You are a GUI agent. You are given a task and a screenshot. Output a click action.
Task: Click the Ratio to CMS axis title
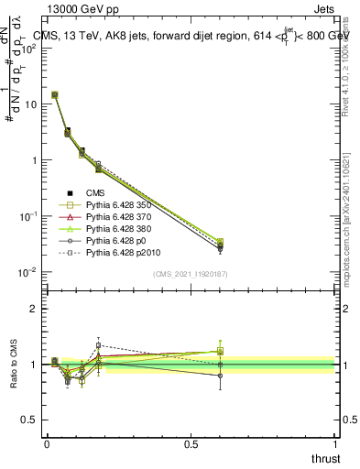click(15, 365)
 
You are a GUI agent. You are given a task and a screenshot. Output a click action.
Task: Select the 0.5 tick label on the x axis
click(191, 444)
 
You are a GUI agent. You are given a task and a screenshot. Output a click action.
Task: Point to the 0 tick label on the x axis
click(47, 444)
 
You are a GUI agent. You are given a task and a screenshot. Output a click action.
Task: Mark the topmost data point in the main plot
click(54, 94)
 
